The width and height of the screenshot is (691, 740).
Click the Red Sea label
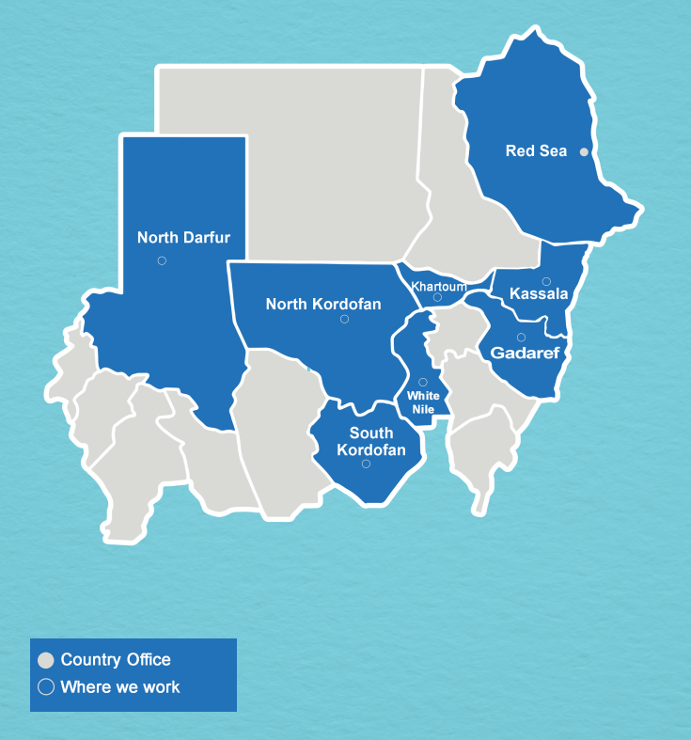pyautogui.click(x=536, y=150)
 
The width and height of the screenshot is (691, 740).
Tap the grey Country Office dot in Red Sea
pyautogui.click(x=584, y=151)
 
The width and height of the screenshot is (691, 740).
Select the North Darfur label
pyautogui.click(x=183, y=238)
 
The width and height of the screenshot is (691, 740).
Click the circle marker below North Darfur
pyautogui.click(x=162, y=260)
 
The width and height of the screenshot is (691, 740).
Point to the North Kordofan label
pyautogui.click(x=323, y=304)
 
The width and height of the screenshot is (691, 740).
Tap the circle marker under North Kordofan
pyautogui.click(x=344, y=320)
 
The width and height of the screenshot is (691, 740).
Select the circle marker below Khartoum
pyautogui.click(x=437, y=298)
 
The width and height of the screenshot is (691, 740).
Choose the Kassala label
pyautogui.click(x=539, y=294)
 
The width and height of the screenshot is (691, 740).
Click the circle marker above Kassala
pyautogui.click(x=546, y=281)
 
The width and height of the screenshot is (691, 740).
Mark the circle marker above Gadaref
pyautogui.click(x=521, y=338)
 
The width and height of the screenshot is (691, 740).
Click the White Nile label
pyautogui.click(x=423, y=402)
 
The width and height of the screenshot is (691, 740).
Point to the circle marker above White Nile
pyautogui.click(x=423, y=382)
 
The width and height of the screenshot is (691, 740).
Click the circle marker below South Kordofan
pyautogui.click(x=366, y=464)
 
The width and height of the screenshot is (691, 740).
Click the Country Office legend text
pyautogui.click(x=116, y=660)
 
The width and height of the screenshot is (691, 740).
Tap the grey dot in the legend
pyautogui.click(x=45, y=661)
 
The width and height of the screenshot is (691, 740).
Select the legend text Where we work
pyautogui.click(x=120, y=687)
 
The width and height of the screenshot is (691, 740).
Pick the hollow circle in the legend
pyautogui.click(x=45, y=687)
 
